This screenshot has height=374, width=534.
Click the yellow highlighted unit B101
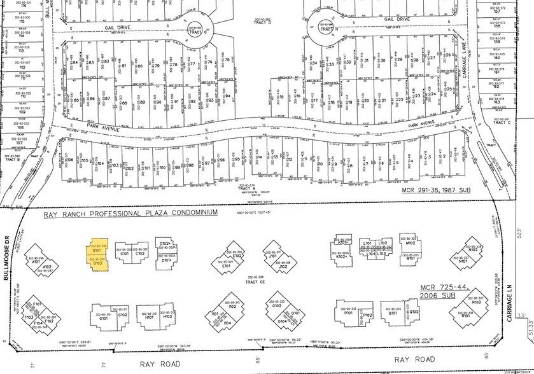pyautogui.click(x=97, y=249)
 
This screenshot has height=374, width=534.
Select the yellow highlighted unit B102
pyautogui.click(x=97, y=263)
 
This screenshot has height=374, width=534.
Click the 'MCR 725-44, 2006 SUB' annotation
pyautogui.click(x=445, y=294)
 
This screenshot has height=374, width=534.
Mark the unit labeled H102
pyautogui.click(x=167, y=317)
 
